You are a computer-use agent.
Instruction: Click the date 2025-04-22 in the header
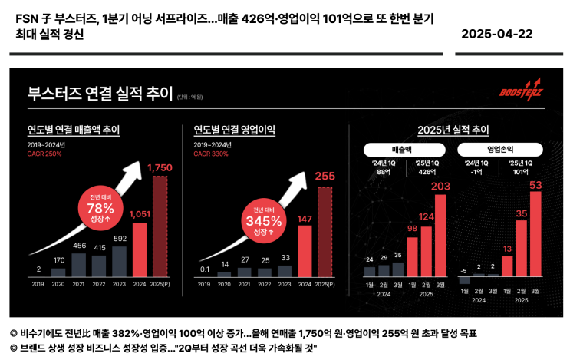point(496,35)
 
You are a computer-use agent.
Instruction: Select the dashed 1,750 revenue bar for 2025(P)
point(160,226)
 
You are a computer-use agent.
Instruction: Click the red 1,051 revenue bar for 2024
point(140,249)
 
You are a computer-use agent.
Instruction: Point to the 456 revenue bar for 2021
point(79,264)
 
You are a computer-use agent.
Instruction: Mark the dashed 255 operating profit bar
point(325,231)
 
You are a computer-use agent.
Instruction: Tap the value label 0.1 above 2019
point(203,269)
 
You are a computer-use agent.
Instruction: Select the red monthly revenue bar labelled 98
point(411,256)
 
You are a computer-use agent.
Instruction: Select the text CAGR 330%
point(211,154)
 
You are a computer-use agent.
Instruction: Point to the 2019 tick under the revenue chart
point(38,284)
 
